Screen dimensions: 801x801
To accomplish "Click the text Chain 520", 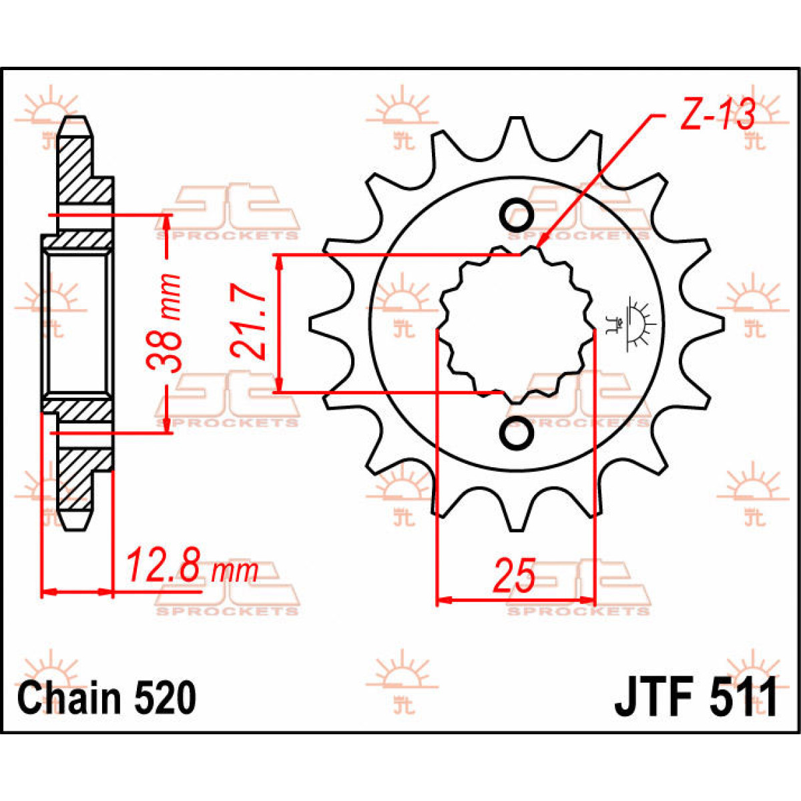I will click(107, 698).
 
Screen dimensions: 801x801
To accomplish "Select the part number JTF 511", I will click(696, 698).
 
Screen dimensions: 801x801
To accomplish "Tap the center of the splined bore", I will click(516, 324).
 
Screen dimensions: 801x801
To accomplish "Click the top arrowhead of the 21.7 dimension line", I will click(280, 262).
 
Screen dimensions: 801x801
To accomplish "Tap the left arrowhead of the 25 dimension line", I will click(445, 599).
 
